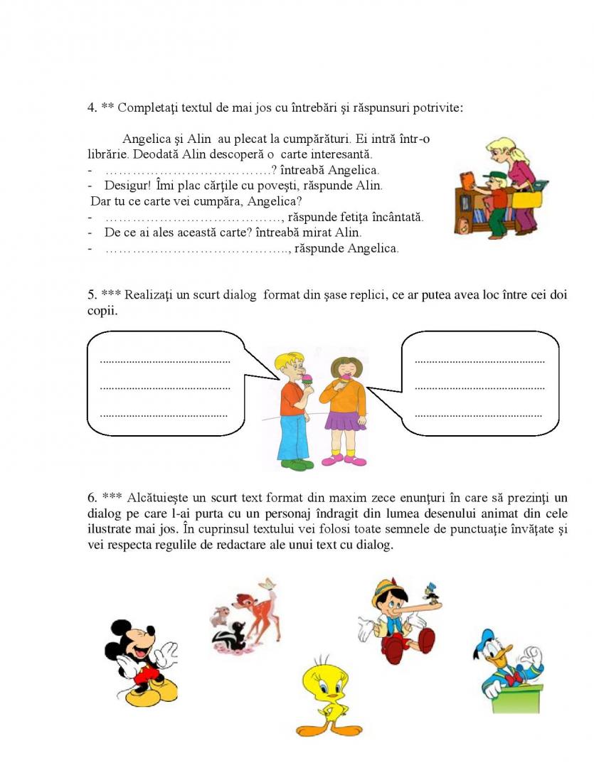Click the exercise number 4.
[x=92, y=108]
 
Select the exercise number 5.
[x=92, y=295]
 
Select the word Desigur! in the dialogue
[x=128, y=186]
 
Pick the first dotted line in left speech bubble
[x=165, y=361]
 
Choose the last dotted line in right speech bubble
[x=478, y=415]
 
